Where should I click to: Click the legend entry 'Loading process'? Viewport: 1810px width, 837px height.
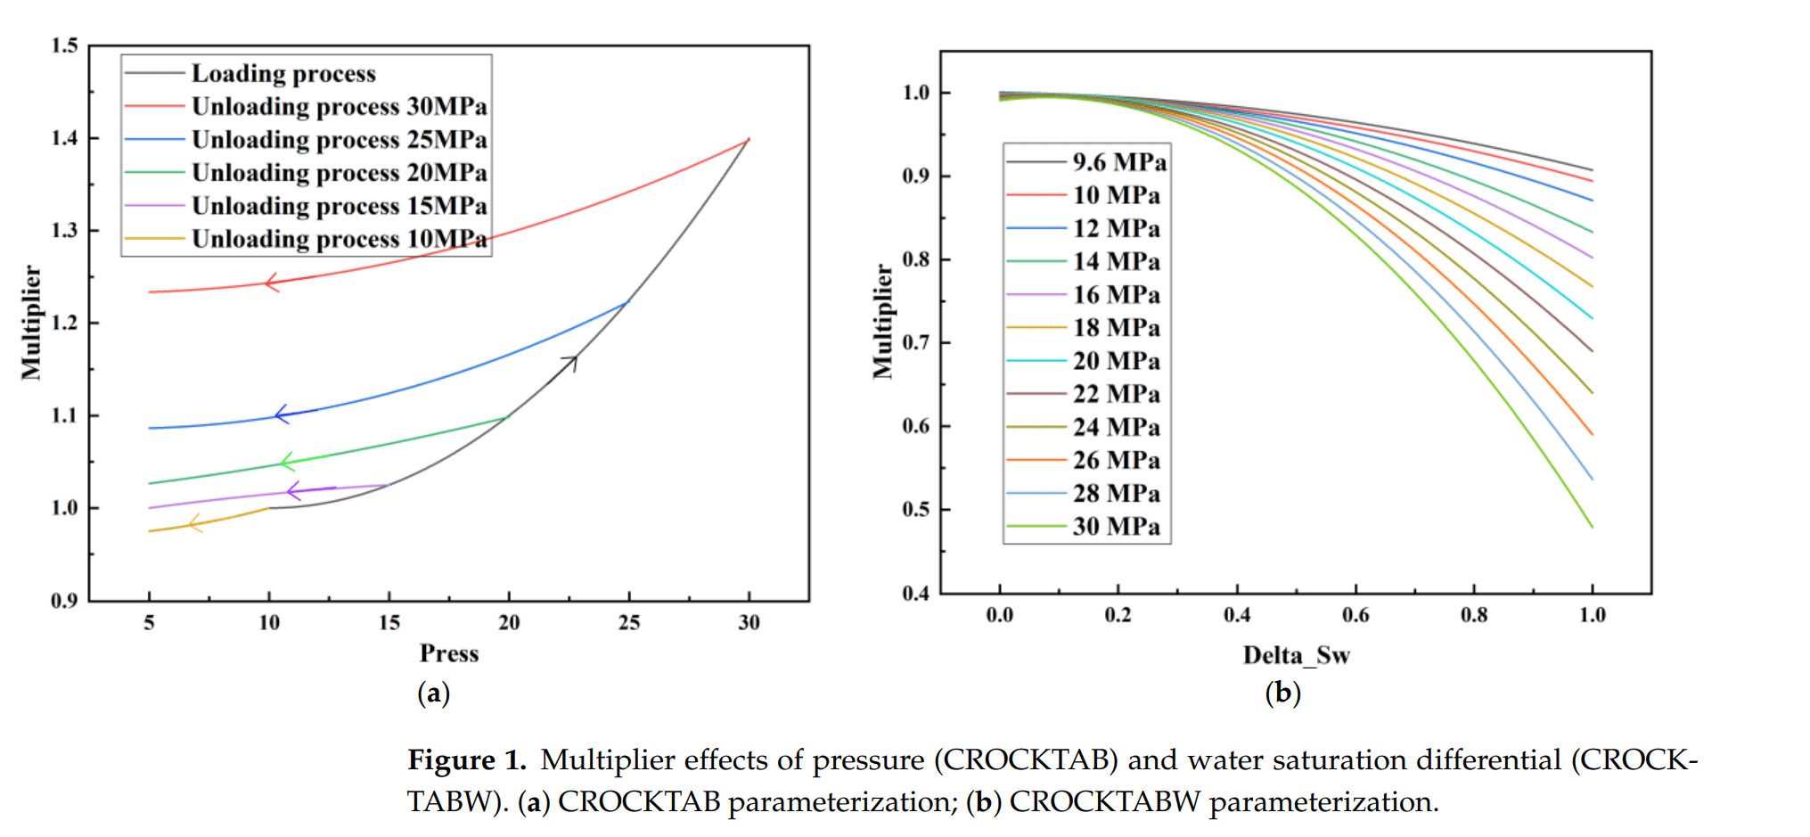[x=283, y=73]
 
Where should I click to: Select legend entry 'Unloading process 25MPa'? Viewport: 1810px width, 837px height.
[x=339, y=140]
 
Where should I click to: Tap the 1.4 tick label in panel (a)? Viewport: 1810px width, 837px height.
[x=64, y=138]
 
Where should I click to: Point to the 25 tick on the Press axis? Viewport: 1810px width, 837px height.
[x=629, y=623]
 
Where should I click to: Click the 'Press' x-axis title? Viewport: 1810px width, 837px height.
[x=449, y=653]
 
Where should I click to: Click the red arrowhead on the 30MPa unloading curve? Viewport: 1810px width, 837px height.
[x=271, y=283]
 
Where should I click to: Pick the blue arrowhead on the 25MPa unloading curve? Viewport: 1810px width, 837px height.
[x=281, y=414]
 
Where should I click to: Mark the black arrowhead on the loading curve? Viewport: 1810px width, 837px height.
[x=571, y=361]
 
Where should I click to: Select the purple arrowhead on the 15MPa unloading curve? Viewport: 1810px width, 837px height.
[x=292, y=491]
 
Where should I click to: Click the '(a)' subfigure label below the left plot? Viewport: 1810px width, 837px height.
[x=433, y=693]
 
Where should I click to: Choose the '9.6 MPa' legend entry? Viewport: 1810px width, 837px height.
[x=1118, y=162]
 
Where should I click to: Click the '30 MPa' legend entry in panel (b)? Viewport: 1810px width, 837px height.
[x=1116, y=527]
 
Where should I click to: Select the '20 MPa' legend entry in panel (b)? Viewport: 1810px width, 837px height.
[x=1116, y=361]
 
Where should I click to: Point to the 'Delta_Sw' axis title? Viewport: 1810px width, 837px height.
[x=1296, y=656]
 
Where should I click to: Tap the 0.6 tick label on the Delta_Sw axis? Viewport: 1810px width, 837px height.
[x=1355, y=615]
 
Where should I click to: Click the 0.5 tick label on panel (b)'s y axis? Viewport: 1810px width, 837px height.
[x=915, y=510]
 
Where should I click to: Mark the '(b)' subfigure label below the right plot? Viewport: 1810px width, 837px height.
[x=1282, y=693]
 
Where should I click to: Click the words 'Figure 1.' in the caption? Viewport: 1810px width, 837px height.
[x=467, y=760]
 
